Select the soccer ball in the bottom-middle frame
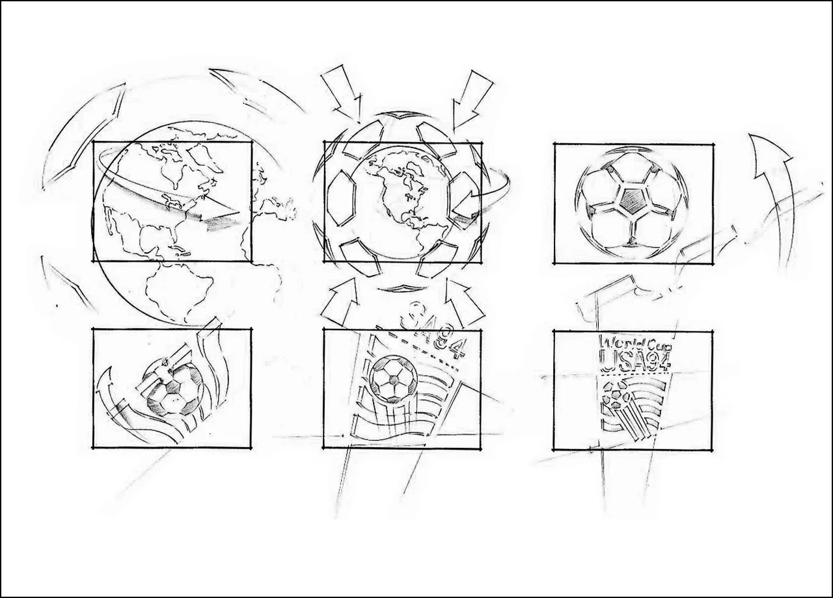coord(393,378)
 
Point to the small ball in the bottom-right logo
coord(615,396)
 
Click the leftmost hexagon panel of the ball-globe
coord(340,198)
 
